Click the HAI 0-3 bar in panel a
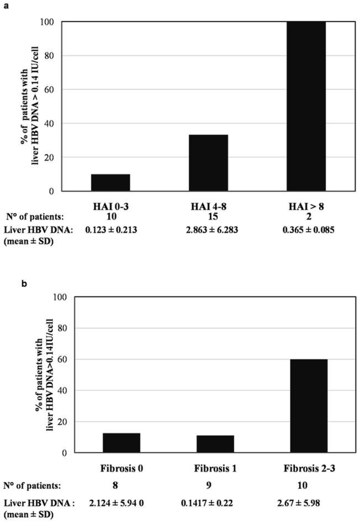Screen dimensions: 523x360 point(110,183)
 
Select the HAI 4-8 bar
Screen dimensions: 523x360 point(208,163)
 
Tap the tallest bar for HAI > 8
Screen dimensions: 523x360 point(306,107)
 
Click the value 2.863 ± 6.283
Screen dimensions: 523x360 point(208,228)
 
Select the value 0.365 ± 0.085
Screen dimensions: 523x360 point(306,228)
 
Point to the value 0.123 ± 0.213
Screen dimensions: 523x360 point(110,228)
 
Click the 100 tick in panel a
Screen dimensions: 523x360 point(51,22)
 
